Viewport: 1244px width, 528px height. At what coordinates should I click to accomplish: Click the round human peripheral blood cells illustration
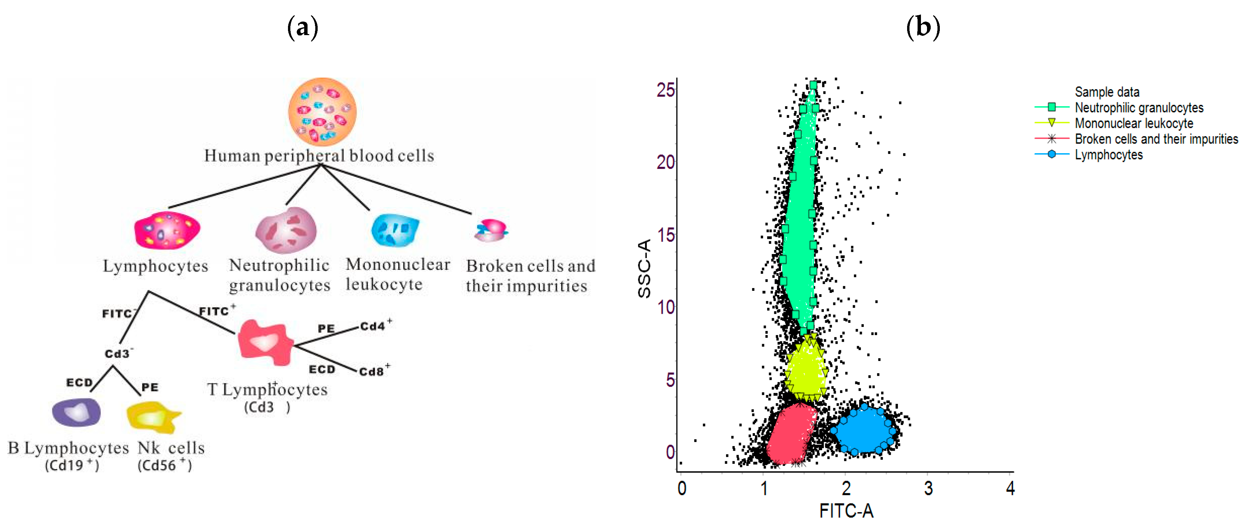click(x=322, y=112)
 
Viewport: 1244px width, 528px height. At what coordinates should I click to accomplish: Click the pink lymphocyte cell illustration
click(x=167, y=230)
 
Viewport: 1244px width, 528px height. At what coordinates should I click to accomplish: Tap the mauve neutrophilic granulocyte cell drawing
click(x=286, y=230)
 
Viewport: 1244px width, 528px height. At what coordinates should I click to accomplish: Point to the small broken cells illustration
click(x=491, y=230)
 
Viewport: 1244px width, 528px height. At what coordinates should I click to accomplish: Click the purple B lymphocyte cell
click(x=76, y=413)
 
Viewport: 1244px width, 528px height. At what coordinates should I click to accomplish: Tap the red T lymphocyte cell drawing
click(x=265, y=342)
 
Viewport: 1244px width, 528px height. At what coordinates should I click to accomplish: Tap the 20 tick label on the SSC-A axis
click(x=665, y=162)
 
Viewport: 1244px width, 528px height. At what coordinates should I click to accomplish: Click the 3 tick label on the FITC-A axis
click(x=928, y=489)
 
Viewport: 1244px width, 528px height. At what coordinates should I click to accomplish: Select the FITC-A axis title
click(x=846, y=510)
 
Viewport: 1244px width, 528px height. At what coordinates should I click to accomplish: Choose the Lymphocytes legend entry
click(x=1108, y=155)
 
